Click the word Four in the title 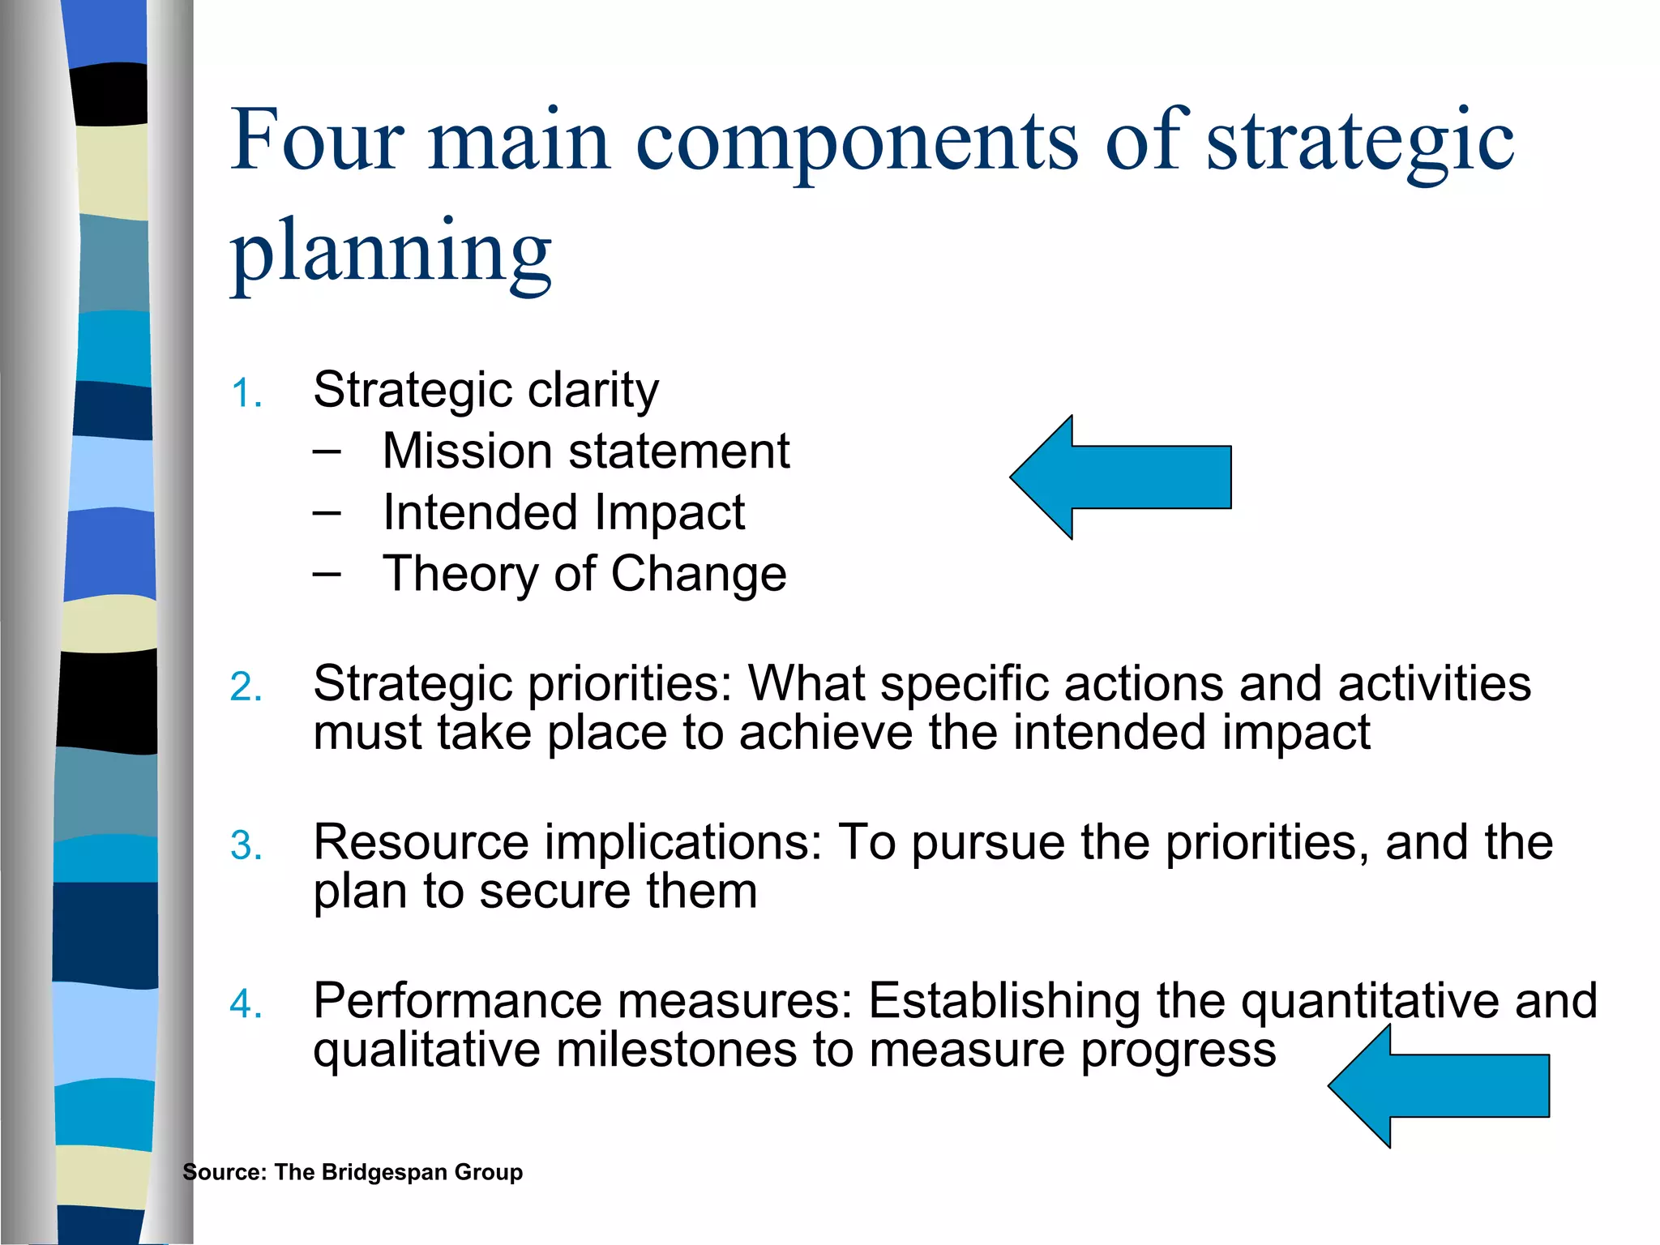[317, 141]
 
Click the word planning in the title [391, 251]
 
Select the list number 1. [245, 395]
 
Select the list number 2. [245, 688]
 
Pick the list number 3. [245, 846]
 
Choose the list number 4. [245, 1005]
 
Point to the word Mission [467, 451]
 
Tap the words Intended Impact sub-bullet [563, 513]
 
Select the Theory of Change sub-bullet [584, 575]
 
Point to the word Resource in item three [421, 843]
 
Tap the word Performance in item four [457, 1001]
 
